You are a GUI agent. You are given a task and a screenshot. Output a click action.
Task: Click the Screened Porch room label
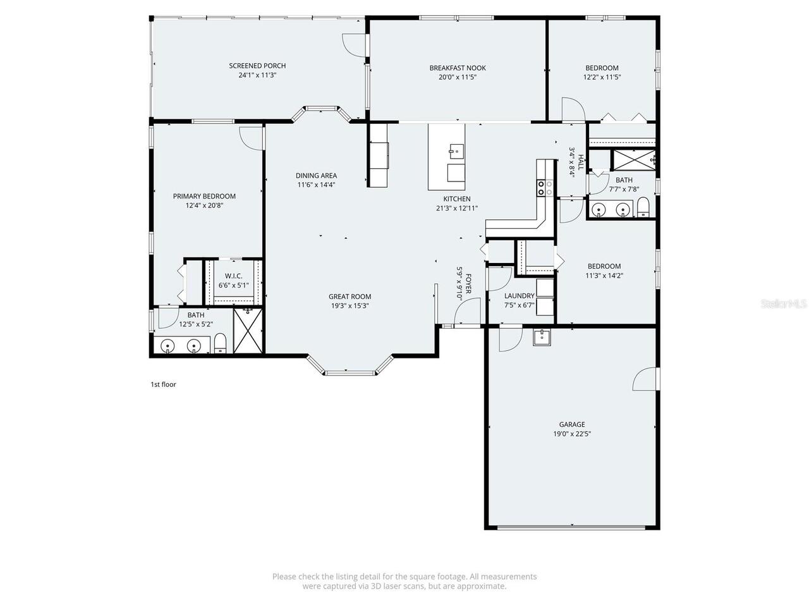click(257, 66)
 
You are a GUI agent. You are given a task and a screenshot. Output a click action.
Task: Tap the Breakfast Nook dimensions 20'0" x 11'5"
click(458, 77)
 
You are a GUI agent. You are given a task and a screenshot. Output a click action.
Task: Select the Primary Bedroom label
click(204, 196)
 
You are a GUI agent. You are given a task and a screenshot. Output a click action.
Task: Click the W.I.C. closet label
click(233, 276)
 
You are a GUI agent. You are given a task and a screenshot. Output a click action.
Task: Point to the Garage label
click(571, 424)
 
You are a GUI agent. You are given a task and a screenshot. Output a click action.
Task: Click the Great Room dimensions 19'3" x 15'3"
click(350, 305)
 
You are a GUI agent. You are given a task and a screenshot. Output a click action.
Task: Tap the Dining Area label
click(316, 176)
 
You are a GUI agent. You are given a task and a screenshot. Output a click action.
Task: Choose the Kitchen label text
click(456, 199)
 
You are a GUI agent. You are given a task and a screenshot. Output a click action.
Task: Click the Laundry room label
click(519, 296)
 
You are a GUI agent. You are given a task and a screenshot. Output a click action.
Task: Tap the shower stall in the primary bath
click(246, 331)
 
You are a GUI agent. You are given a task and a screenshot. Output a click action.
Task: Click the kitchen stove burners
click(544, 188)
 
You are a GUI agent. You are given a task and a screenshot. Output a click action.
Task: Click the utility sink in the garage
click(541, 337)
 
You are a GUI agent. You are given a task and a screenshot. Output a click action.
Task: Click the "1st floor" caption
click(163, 384)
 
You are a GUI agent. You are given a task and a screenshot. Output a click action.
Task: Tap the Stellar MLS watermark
click(784, 304)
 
